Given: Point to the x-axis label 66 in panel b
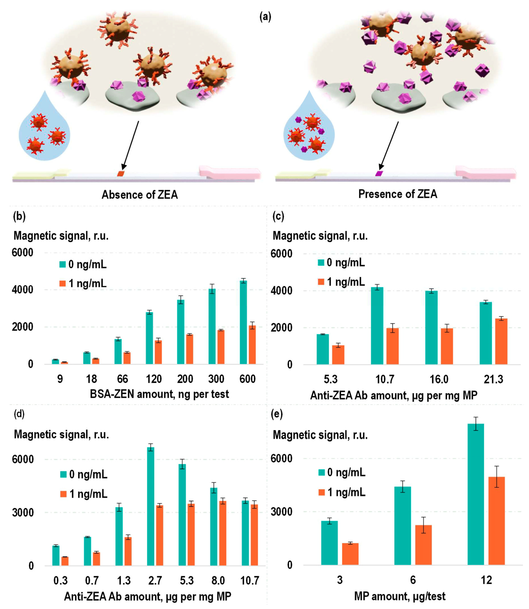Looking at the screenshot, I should [x=122, y=379].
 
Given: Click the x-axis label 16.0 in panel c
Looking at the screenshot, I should [x=439, y=379].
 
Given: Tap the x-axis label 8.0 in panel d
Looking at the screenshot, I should [x=218, y=581].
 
